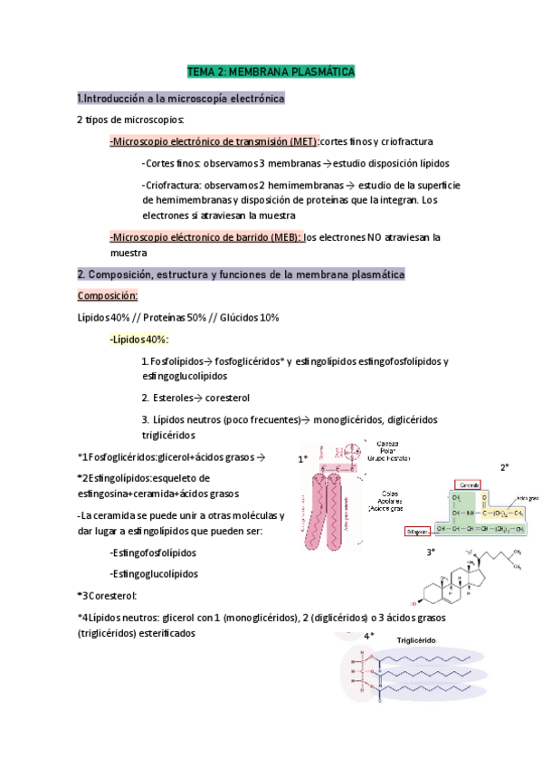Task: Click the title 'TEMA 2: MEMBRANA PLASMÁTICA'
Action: click(271, 71)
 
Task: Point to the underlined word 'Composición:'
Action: click(107, 295)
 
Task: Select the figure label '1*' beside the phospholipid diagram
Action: click(303, 460)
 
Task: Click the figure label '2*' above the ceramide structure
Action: click(504, 467)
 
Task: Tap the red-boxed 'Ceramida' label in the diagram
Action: click(467, 485)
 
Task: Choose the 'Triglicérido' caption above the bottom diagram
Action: click(416, 639)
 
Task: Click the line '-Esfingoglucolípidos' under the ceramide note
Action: click(153, 573)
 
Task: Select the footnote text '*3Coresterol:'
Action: click(108, 595)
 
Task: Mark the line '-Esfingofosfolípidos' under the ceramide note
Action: click(152, 552)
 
